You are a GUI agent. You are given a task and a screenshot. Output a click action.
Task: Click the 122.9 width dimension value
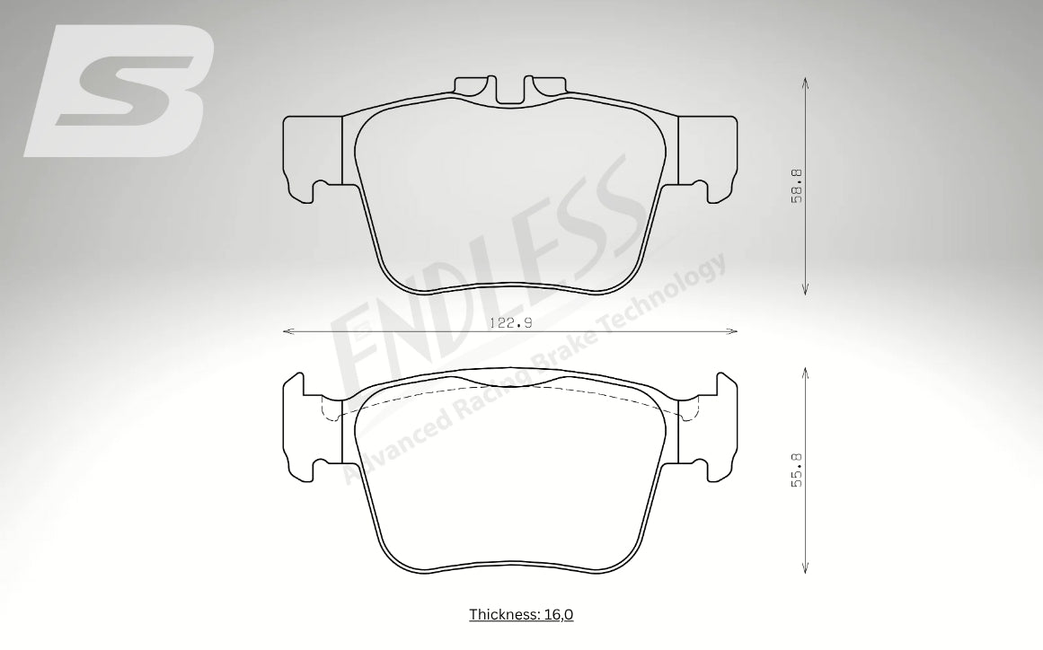point(510,323)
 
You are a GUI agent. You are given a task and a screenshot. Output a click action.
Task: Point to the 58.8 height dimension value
point(797,186)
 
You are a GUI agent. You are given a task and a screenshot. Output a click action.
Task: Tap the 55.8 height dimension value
point(797,470)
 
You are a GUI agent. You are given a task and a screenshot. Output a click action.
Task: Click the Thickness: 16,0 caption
point(521,615)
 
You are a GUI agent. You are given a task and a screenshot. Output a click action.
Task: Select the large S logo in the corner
point(119,91)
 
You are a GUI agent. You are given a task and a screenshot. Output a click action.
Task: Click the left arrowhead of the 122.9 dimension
point(287,330)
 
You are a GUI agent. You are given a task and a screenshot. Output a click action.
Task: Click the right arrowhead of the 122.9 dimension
point(733,330)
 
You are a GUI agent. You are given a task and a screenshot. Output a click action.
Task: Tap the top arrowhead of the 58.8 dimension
point(805,82)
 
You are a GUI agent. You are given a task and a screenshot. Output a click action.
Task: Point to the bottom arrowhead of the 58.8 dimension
point(805,289)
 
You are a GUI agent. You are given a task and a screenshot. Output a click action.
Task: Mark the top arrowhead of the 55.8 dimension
point(805,373)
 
